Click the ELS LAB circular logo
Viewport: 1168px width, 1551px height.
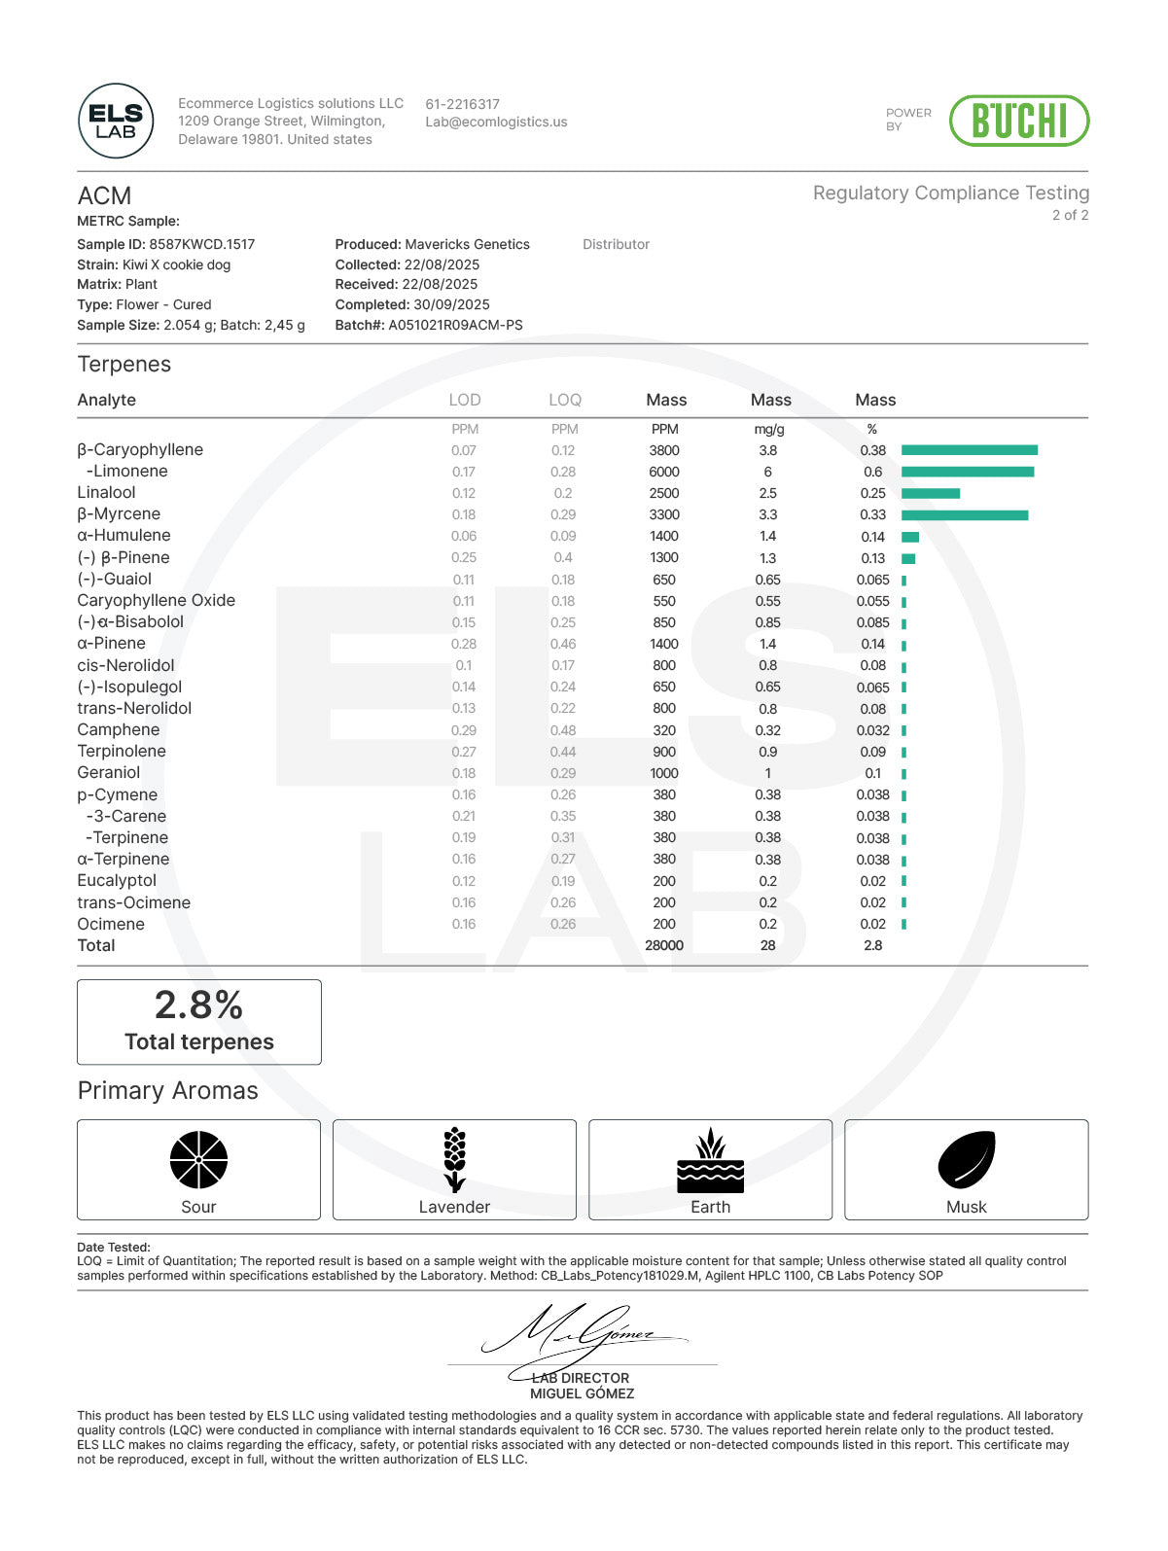click(x=116, y=122)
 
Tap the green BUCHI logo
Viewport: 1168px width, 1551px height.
click(x=1018, y=122)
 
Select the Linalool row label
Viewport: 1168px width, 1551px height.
click(x=106, y=493)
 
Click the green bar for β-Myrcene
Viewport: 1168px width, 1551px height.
click(x=964, y=514)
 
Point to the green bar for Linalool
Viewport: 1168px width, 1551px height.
click(x=930, y=493)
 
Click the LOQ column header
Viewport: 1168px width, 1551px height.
click(x=564, y=400)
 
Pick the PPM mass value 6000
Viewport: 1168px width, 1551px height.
click(x=664, y=472)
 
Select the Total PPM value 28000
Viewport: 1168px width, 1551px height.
click(x=664, y=945)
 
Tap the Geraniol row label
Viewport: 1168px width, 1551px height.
click(x=109, y=773)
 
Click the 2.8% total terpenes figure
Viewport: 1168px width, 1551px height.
click(x=198, y=1005)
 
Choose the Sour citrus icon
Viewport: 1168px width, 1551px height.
click(x=198, y=1160)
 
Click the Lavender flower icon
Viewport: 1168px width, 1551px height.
click(x=454, y=1160)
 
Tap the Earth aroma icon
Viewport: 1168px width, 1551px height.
click(x=710, y=1160)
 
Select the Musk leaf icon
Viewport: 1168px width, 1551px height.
click(x=966, y=1160)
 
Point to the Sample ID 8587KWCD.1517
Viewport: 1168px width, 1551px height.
click(x=201, y=244)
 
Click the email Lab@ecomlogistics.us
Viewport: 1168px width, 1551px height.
click(x=496, y=123)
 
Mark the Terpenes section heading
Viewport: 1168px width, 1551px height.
click(x=124, y=365)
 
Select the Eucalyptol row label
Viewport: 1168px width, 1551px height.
click(x=117, y=881)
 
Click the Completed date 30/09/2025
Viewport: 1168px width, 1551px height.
click(x=451, y=304)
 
